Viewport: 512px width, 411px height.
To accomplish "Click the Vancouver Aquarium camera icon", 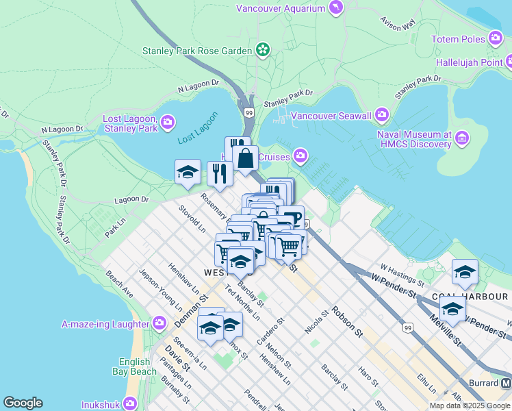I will [x=336, y=8].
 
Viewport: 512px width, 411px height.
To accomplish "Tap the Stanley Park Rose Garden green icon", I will [x=262, y=49].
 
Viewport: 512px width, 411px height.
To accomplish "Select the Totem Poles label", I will [x=457, y=39].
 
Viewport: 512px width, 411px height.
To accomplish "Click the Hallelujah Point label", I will [x=470, y=62].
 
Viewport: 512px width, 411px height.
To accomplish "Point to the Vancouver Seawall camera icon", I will [x=381, y=115].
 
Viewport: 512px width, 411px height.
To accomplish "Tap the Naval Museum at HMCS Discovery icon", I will [x=462, y=139].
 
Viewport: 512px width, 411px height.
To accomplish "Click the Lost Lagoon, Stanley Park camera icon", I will [x=168, y=123].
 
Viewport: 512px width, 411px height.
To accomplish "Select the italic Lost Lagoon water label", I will [x=197, y=127].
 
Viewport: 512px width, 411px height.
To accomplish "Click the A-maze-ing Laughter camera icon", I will [x=159, y=323].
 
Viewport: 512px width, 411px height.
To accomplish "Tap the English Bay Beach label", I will [x=134, y=366].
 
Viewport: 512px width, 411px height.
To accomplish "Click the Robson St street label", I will [x=348, y=322].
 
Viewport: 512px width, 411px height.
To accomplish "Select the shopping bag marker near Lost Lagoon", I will [x=245, y=159].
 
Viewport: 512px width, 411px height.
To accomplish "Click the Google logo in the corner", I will [x=23, y=403].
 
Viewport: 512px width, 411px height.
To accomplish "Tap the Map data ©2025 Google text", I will [x=469, y=406].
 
